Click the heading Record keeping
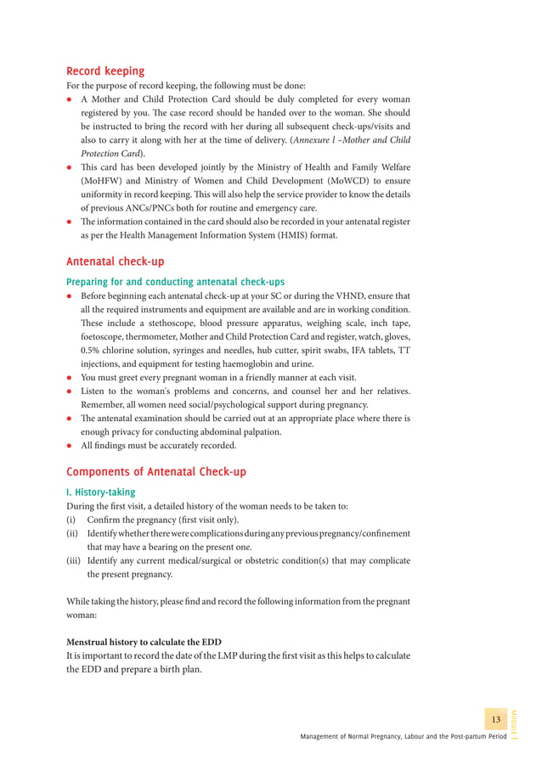coord(105,71)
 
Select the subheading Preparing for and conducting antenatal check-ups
coord(175,282)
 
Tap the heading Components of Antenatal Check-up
coord(156,471)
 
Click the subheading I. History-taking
coord(100,492)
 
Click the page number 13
coord(495,720)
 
